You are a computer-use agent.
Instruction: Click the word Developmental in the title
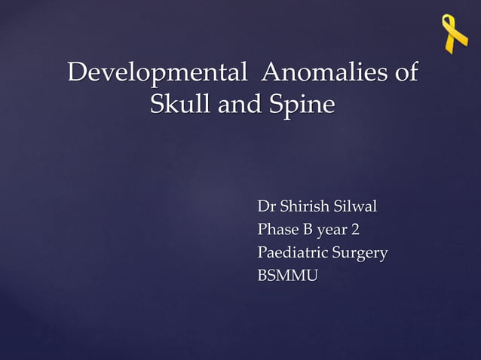pos(157,74)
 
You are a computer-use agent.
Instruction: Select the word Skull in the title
pos(181,104)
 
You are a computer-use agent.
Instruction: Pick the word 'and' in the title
pos(238,104)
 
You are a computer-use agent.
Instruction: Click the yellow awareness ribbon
pos(455,34)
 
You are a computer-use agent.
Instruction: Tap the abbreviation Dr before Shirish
pos(266,206)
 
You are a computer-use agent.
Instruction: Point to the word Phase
pos(277,230)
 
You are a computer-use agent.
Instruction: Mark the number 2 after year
pos(354,230)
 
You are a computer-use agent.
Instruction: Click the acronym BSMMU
pos(287,276)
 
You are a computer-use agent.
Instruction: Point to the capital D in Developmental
pos(76,74)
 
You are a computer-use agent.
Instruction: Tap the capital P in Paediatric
pos(262,253)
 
